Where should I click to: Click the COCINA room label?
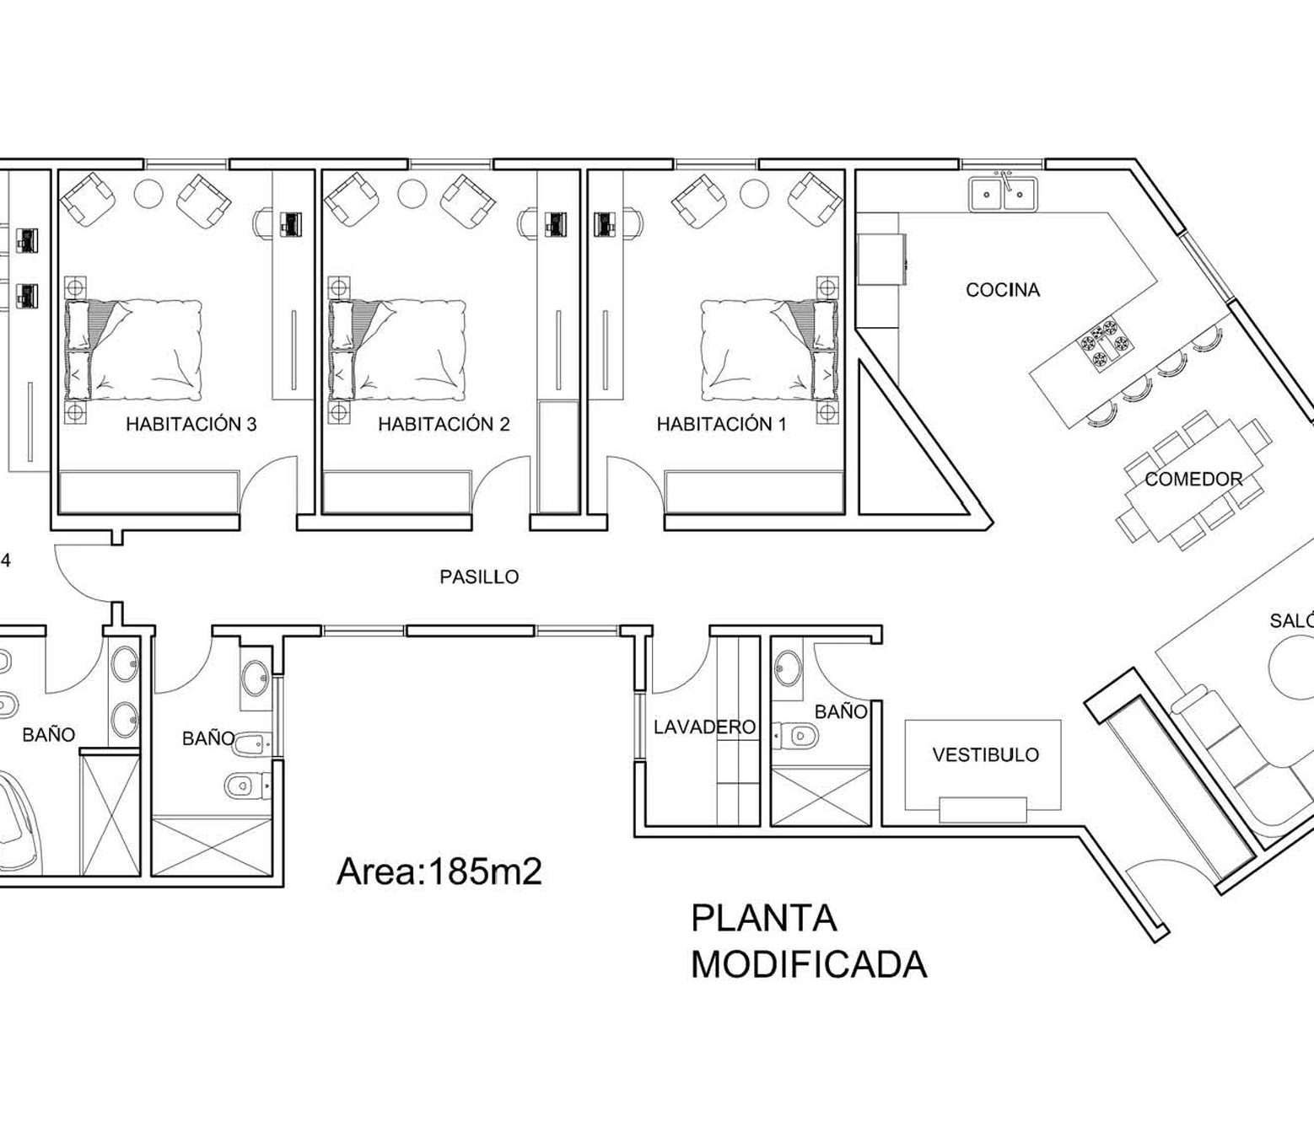(1003, 290)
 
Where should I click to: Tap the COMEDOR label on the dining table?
(1193, 480)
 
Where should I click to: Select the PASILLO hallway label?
(479, 577)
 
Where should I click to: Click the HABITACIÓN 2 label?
(444, 424)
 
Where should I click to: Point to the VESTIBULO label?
(986, 754)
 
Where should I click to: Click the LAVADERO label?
(704, 727)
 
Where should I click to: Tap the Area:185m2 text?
(439, 872)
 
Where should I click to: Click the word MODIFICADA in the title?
(809, 965)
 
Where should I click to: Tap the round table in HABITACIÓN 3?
(148, 192)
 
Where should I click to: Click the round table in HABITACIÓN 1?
(754, 192)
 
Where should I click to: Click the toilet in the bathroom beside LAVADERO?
(795, 735)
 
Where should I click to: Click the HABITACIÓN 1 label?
(721, 424)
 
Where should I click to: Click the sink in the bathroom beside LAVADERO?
(788, 668)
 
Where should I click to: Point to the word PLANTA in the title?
(763, 918)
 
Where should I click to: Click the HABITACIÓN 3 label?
(191, 424)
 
